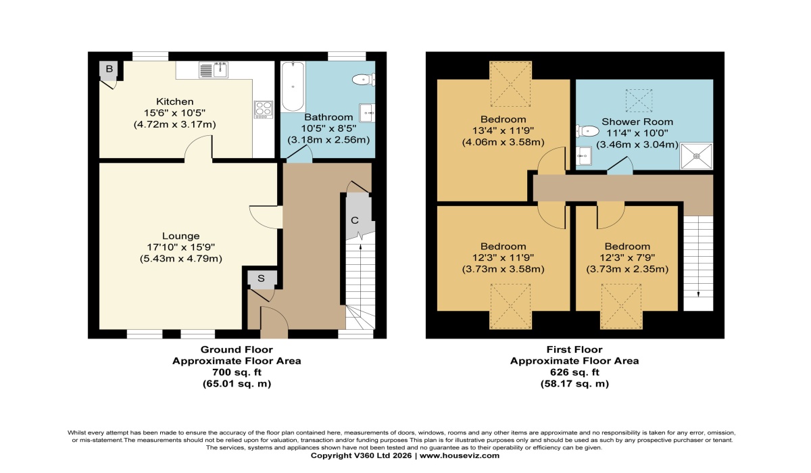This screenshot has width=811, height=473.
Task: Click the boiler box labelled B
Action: click(x=108, y=69)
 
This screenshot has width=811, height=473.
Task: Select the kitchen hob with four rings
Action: click(x=262, y=109)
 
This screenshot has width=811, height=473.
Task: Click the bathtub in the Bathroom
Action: click(x=293, y=86)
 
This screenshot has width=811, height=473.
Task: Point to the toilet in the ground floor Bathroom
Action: click(x=362, y=80)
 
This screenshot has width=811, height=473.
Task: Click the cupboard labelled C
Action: click(x=354, y=220)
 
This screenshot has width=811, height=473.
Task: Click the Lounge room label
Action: click(x=180, y=236)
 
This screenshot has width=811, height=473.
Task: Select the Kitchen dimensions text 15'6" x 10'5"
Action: click(x=175, y=113)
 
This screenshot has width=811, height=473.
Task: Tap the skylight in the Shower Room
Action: click(x=639, y=101)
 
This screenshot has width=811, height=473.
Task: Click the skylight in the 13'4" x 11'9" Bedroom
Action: click(x=510, y=84)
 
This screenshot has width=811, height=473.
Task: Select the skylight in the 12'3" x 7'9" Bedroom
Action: click(x=621, y=305)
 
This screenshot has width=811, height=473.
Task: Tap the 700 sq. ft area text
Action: click(x=237, y=372)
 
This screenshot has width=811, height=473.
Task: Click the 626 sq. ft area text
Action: click(x=574, y=372)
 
